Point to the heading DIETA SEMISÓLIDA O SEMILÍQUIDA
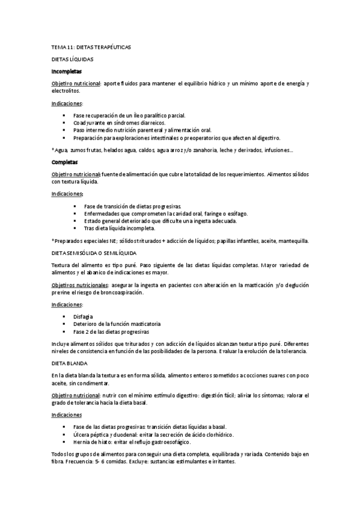[x=94, y=253]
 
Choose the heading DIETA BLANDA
[x=70, y=364]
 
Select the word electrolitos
[x=65, y=91]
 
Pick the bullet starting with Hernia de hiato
[x=141, y=441]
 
